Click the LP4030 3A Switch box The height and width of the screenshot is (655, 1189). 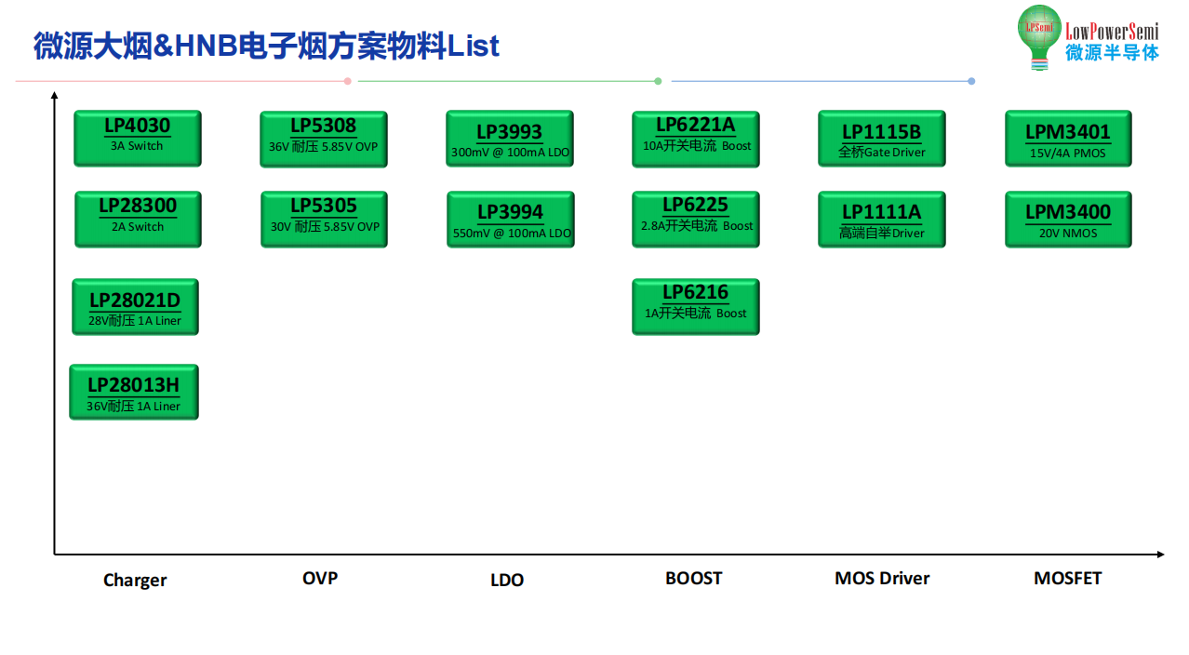[x=138, y=139]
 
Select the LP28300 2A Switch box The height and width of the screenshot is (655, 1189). [x=138, y=220]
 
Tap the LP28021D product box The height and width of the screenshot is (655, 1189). [x=135, y=307]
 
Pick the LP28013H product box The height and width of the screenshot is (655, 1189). [x=134, y=393]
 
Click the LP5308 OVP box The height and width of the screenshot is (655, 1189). [x=324, y=139]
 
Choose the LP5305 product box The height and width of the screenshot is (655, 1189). [x=325, y=220]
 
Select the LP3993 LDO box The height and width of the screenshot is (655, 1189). [x=510, y=139]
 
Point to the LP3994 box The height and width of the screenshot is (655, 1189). [x=511, y=220]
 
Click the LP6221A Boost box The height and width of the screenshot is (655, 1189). [x=696, y=139]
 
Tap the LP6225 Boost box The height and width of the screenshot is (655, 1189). [x=696, y=220]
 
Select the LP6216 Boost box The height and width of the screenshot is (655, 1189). [x=696, y=307]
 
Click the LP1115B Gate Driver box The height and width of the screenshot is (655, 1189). [x=882, y=139]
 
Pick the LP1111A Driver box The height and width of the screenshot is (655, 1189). [x=882, y=220]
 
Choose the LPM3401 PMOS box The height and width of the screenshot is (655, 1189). [x=1068, y=139]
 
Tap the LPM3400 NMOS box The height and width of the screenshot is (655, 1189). [x=1068, y=220]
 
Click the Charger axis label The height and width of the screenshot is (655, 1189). [x=135, y=581]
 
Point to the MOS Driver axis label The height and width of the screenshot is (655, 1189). [x=882, y=578]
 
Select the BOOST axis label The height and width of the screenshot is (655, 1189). [x=694, y=578]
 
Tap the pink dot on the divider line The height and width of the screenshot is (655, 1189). [x=348, y=81]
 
